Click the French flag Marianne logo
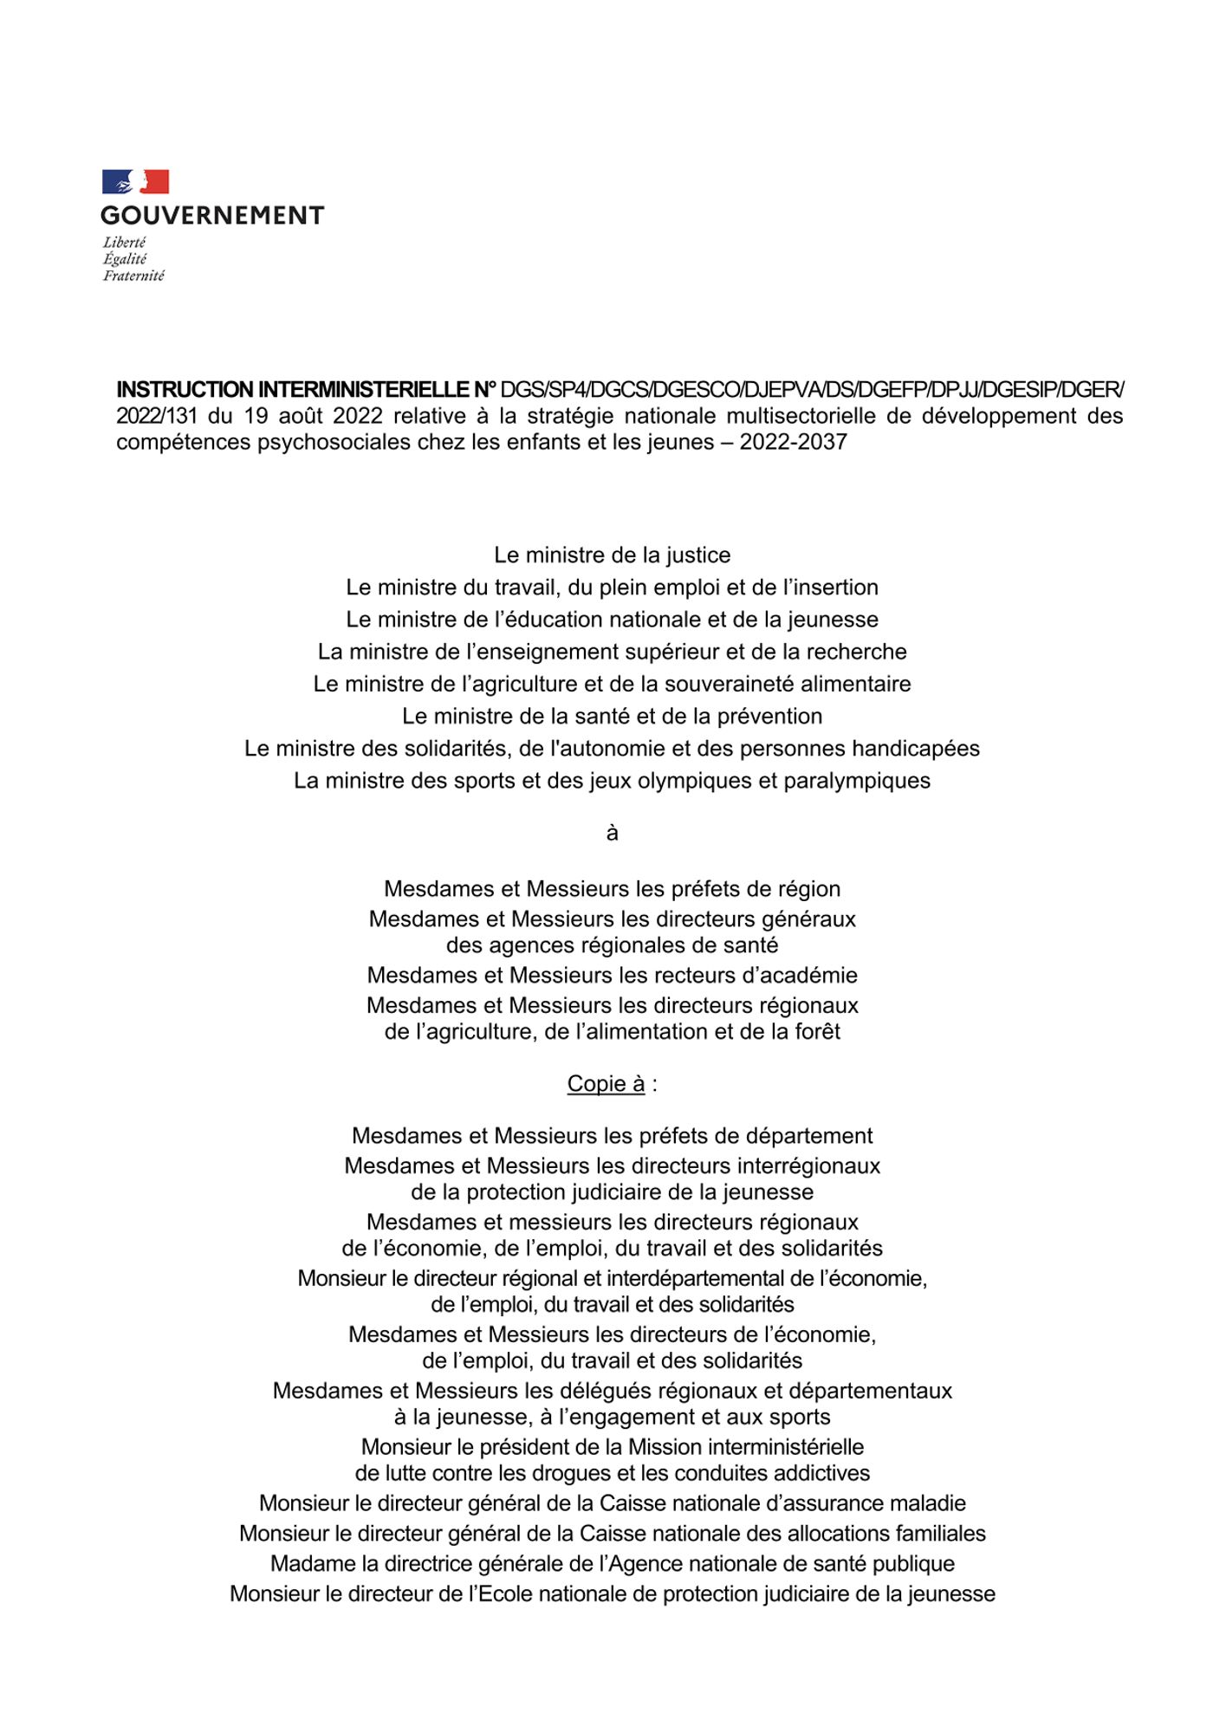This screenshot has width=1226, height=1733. [135, 182]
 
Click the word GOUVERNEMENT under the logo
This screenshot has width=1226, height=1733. [212, 216]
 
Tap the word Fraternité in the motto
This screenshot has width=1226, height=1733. [133, 276]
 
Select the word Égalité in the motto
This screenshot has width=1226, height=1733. [125, 259]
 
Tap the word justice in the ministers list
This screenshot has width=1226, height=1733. [697, 555]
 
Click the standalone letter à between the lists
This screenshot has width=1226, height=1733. [613, 834]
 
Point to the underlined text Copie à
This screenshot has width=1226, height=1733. [606, 1084]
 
